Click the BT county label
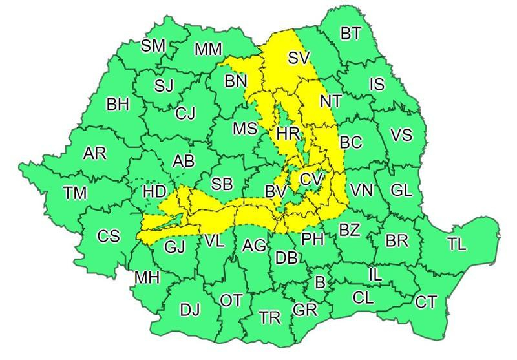click(350, 34)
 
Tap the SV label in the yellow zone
click(299, 58)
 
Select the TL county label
click(456, 244)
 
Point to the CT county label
click(426, 301)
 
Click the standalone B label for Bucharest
click(319, 282)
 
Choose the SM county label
click(153, 45)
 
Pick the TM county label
click(77, 192)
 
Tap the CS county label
click(109, 236)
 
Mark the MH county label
click(147, 278)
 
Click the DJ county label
click(190, 310)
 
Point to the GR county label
click(305, 310)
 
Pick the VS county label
click(401, 135)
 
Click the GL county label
click(401, 190)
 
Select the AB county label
click(184, 162)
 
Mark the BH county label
click(118, 104)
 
